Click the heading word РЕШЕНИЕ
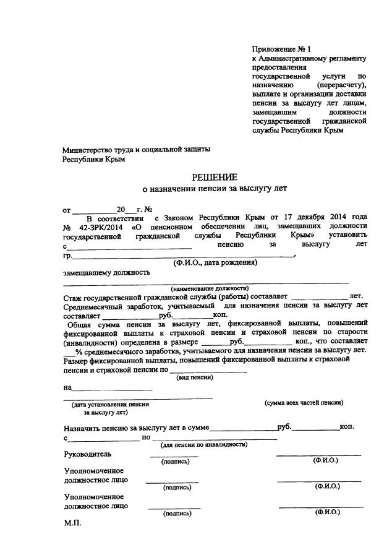[215, 178]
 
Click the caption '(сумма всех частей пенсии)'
[304, 403]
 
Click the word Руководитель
[88, 454]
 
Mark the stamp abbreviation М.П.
[72, 523]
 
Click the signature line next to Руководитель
[174, 456]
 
